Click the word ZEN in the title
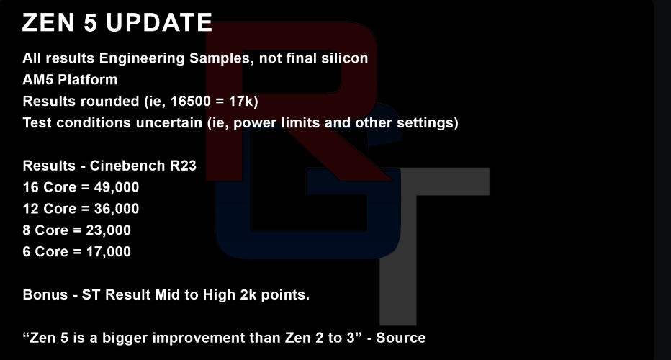48,22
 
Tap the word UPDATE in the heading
159,22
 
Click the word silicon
345,58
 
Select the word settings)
428,123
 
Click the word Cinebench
128,166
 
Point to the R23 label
183,166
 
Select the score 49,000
117,187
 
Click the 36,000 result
117,209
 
